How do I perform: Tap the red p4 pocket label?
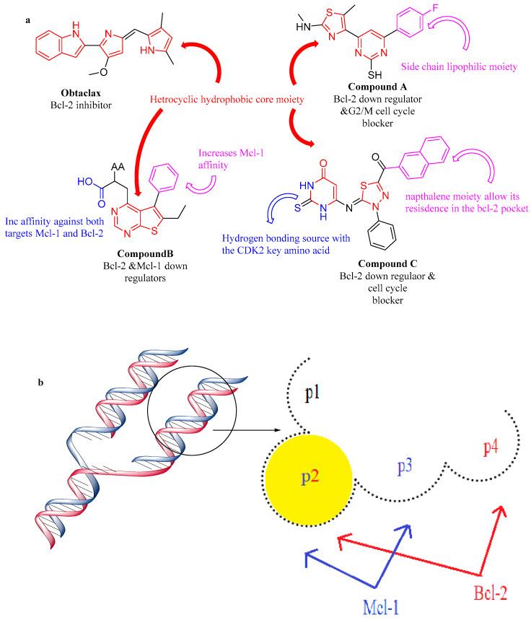coord(489,445)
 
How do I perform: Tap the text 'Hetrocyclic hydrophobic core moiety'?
coord(216,98)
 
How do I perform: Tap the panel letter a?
coord(27,19)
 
